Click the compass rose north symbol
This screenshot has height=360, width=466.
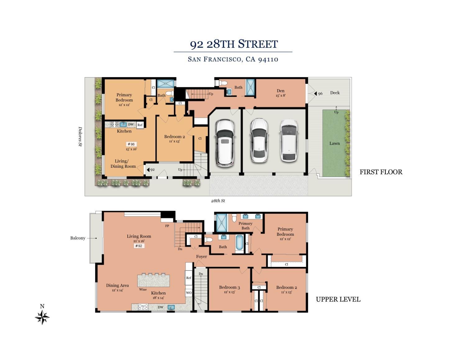click(x=42, y=317)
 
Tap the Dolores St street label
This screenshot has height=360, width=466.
click(x=80, y=136)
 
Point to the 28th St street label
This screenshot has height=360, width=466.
click(x=218, y=201)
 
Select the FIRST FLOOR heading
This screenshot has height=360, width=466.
click(x=381, y=172)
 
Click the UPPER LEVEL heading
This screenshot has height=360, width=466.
click(x=338, y=299)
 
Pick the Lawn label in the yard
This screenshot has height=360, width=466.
click(x=335, y=143)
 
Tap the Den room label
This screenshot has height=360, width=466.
click(x=281, y=91)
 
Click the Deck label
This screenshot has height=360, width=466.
click(x=335, y=93)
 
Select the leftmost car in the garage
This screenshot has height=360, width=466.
click(x=225, y=143)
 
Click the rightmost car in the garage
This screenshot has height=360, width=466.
click(x=289, y=140)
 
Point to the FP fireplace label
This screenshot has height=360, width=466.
click(x=167, y=226)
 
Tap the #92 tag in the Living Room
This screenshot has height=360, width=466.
click(x=139, y=246)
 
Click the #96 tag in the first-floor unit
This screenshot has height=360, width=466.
click(x=131, y=144)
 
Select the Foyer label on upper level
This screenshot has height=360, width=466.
click(x=201, y=257)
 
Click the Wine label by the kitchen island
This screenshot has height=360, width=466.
click(x=143, y=289)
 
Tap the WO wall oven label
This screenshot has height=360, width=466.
click(x=189, y=293)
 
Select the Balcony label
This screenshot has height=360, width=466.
click(x=78, y=238)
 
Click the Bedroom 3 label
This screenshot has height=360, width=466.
click(x=229, y=287)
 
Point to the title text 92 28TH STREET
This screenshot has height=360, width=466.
click(x=234, y=44)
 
